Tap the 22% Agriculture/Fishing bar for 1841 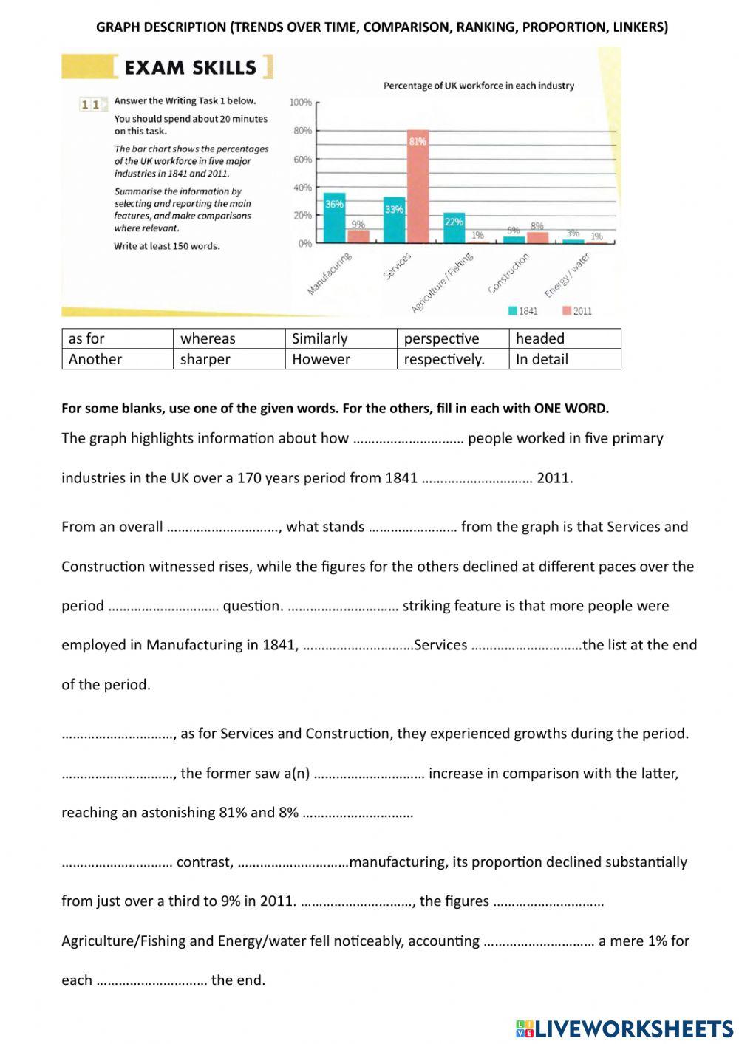pos(454,228)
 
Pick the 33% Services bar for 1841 pos(394,219)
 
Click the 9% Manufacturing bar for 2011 pos(358,236)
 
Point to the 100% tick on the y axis pos(301,102)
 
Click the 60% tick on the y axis pos(303,159)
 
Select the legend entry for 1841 pos(522,311)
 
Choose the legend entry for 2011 pos(577,311)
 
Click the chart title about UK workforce pos(478,86)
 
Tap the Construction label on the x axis pos(509,273)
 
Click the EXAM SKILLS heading pos(191,67)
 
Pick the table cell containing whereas pos(228,338)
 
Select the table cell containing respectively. pos(452,359)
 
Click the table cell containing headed pos(564,338)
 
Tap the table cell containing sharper pos(228,359)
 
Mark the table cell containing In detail pos(564,359)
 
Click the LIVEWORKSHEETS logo pos(624,1028)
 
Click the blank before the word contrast pos(116,862)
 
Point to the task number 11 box pos(90,105)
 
